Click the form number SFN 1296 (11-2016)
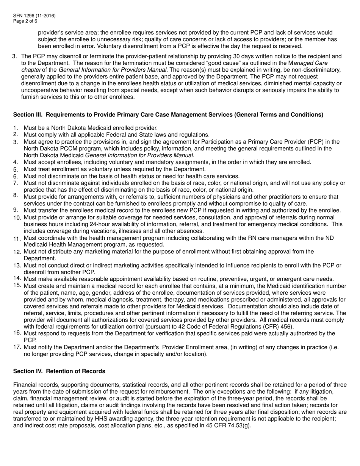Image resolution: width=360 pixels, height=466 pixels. pos(34,16)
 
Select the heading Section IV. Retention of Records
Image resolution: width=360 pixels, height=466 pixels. pos(59,371)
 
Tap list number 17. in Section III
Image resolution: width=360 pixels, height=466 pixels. pos(17,347)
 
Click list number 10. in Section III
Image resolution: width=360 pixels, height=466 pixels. pos(17,218)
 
